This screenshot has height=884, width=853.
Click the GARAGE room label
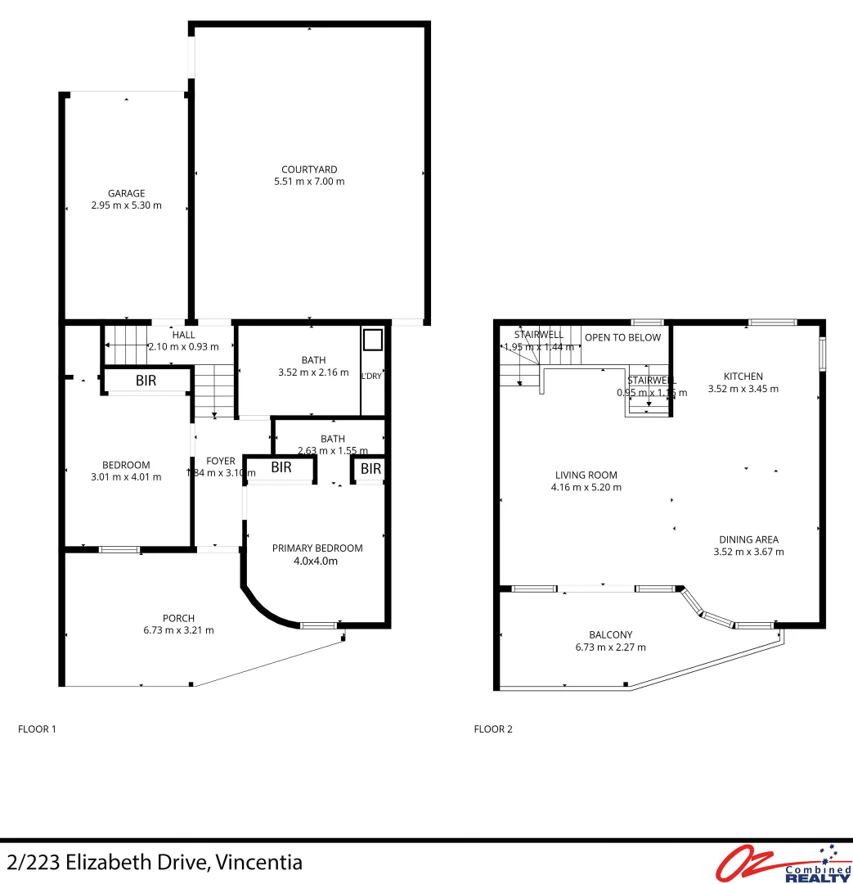[126, 194]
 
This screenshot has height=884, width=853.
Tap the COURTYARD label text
[309, 169]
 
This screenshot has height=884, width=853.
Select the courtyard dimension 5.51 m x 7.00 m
[309, 182]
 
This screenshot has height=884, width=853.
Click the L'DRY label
[372, 377]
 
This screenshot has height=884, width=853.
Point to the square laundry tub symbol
[372, 339]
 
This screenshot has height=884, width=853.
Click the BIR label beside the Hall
[146, 381]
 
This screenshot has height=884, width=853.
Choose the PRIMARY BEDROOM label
[317, 548]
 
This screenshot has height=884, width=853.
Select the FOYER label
[221, 461]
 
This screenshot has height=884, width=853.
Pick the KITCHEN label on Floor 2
[743, 377]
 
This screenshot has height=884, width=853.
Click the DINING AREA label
[748, 539]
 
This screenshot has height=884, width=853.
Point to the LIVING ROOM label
[586, 475]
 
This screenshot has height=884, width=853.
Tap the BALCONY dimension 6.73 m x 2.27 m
[611, 647]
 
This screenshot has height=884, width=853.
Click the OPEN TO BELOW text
[622, 337]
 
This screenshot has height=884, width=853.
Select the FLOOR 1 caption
[37, 728]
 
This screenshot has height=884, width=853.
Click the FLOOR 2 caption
[493, 728]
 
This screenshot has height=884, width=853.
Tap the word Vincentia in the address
[260, 862]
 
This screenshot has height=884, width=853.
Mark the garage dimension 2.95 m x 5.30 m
[126, 206]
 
